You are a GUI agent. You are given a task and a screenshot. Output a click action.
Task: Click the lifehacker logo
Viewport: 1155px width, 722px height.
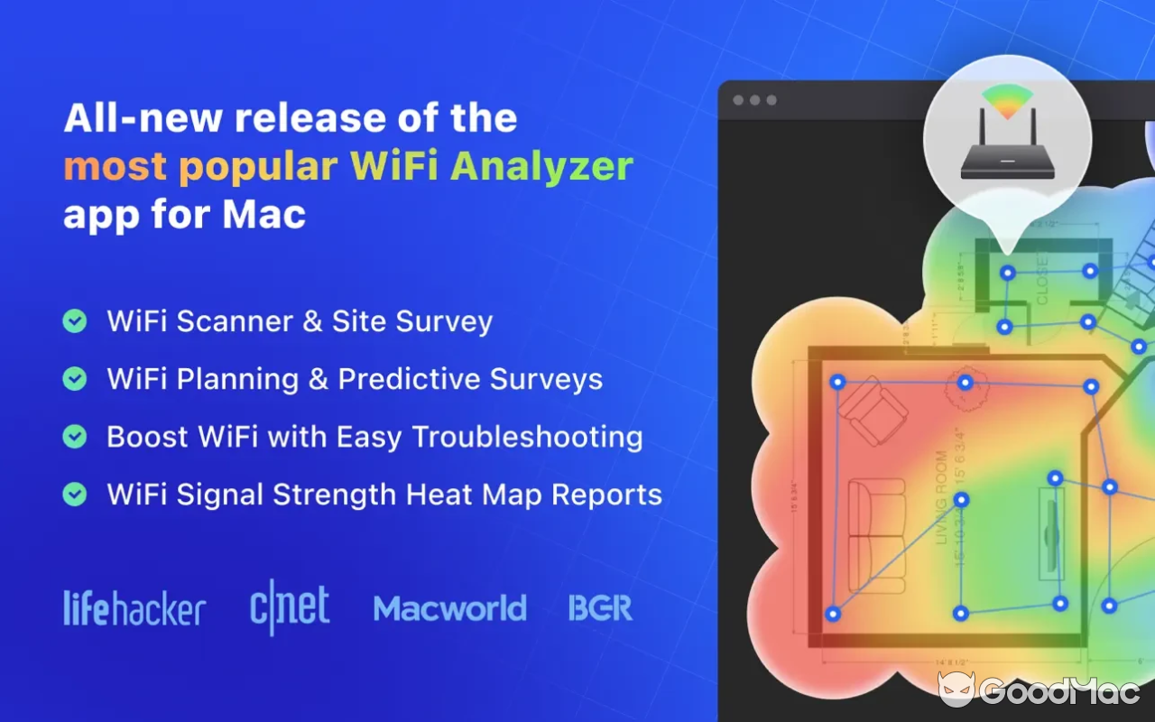click(134, 609)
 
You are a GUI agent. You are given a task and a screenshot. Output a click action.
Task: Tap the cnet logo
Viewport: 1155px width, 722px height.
click(290, 607)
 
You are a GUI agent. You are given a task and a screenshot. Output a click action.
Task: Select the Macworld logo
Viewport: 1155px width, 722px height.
click(449, 608)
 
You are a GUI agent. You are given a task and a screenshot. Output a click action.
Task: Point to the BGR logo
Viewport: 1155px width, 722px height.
click(600, 608)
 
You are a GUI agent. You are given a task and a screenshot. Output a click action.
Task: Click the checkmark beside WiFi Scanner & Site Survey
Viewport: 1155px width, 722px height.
click(75, 321)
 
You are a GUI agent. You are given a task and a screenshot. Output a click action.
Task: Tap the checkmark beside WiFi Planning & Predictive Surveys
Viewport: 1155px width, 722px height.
click(75, 379)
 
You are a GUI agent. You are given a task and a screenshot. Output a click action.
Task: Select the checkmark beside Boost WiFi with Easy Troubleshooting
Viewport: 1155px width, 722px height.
click(75, 437)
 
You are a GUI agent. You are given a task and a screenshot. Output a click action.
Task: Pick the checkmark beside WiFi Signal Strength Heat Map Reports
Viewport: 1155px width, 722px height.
click(75, 495)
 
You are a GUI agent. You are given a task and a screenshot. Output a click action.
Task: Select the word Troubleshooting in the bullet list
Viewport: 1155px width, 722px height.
click(527, 438)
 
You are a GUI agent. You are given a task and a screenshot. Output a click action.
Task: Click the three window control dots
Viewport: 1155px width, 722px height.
click(754, 100)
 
